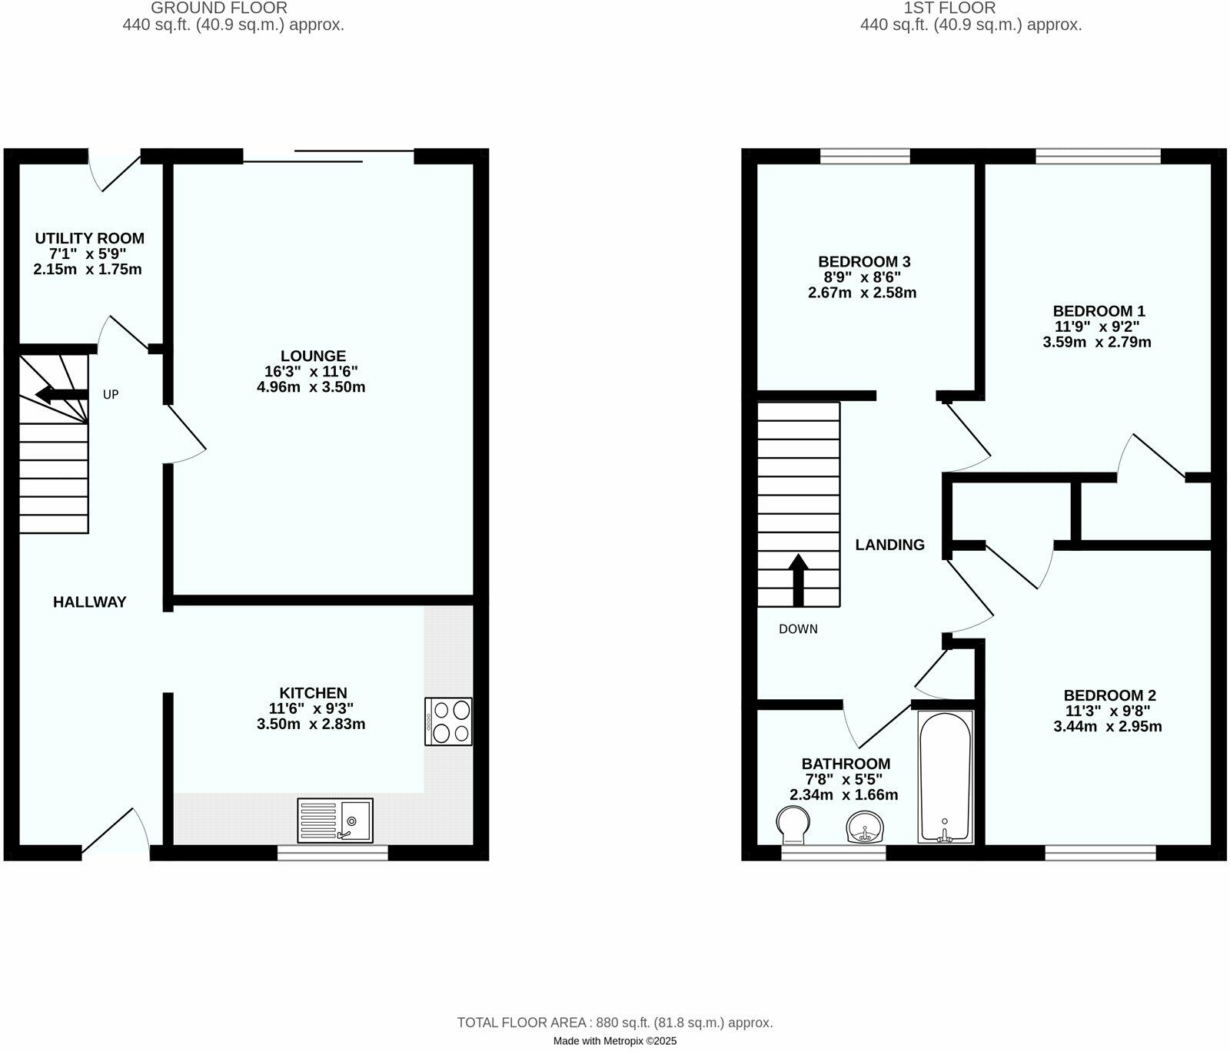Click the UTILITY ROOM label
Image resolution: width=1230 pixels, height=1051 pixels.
89,238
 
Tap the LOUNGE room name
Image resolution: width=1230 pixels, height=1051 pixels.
313,356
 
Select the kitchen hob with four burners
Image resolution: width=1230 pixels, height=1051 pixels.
448,721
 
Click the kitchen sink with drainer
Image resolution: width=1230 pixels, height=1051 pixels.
335,821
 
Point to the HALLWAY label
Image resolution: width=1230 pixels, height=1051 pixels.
89,602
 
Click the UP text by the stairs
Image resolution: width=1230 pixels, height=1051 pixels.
111,395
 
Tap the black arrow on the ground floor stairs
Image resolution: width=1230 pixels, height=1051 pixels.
61,396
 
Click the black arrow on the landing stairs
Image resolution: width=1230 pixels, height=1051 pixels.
799,579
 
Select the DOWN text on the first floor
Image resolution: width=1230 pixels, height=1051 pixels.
798,629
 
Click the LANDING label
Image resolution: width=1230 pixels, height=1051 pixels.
889,545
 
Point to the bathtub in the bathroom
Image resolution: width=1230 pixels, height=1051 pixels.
945,777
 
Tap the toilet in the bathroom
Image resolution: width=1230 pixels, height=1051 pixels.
793,824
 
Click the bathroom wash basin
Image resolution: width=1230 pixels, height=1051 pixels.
866,828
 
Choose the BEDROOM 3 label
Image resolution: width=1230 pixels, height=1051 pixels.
864,262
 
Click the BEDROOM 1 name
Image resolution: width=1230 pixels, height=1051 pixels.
1099,311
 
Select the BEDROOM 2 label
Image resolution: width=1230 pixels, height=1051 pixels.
1109,695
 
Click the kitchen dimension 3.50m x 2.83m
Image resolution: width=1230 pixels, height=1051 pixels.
311,724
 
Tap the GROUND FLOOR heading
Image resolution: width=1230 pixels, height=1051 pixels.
219,8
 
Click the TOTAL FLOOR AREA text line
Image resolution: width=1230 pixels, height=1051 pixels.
615,1023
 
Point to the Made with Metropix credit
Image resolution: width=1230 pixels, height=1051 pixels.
615,1041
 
